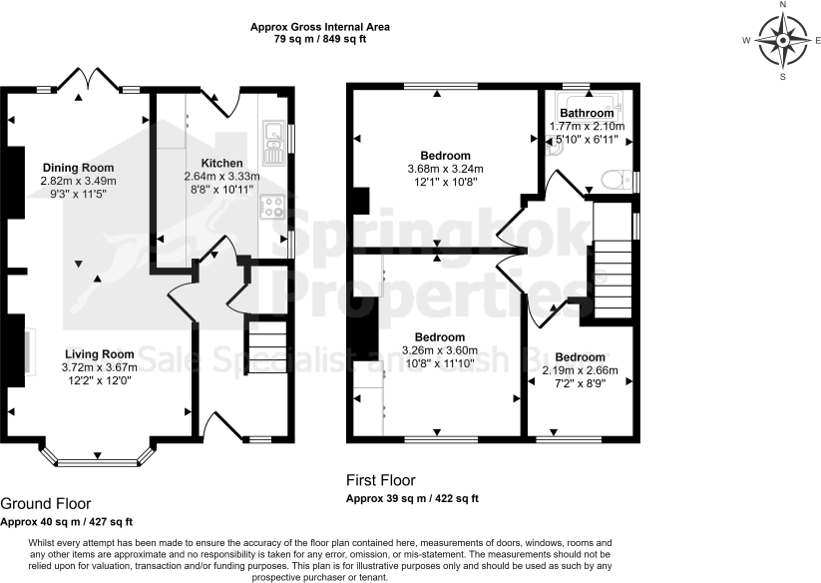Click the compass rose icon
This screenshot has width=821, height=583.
pyautogui.click(x=782, y=40)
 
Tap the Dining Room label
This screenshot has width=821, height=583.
pyautogui.click(x=78, y=167)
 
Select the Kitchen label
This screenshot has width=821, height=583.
pyautogui.click(x=221, y=163)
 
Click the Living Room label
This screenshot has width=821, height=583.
pyautogui.click(x=99, y=354)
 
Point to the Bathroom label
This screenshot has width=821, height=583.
pyautogui.click(x=587, y=114)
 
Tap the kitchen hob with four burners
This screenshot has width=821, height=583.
pyautogui.click(x=272, y=206)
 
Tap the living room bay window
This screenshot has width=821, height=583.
pyautogui.click(x=99, y=458)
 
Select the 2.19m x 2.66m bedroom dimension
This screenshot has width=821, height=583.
pyautogui.click(x=580, y=370)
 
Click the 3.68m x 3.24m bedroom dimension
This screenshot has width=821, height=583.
pyautogui.click(x=445, y=169)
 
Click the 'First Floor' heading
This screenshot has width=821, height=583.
pyautogui.click(x=380, y=480)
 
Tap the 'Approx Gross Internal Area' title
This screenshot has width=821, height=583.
pyautogui.click(x=320, y=26)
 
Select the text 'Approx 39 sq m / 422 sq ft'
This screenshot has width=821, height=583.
pyautogui.click(x=412, y=498)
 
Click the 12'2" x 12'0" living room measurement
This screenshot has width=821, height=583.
pyautogui.click(x=99, y=380)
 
